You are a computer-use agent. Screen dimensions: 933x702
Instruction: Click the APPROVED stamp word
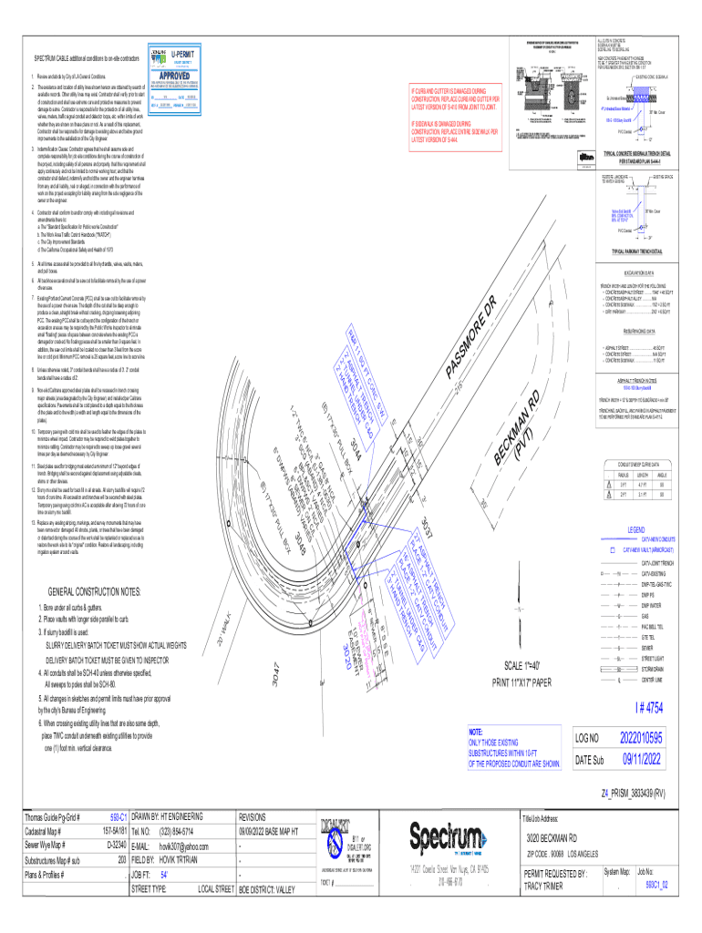click(x=171, y=77)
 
